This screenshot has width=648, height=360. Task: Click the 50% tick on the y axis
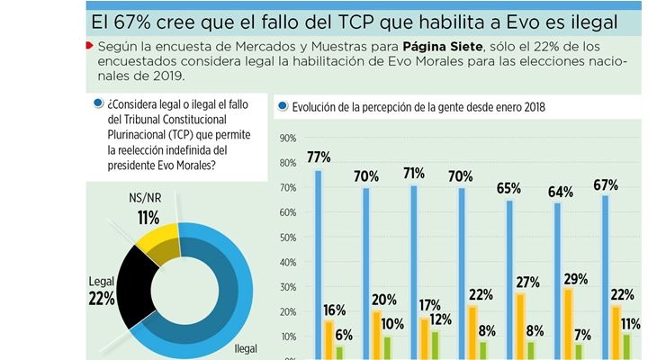point(289,238)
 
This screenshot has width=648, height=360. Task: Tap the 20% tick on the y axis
point(289,312)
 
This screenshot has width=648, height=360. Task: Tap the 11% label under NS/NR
point(148,217)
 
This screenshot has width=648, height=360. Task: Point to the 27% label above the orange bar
point(526,280)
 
